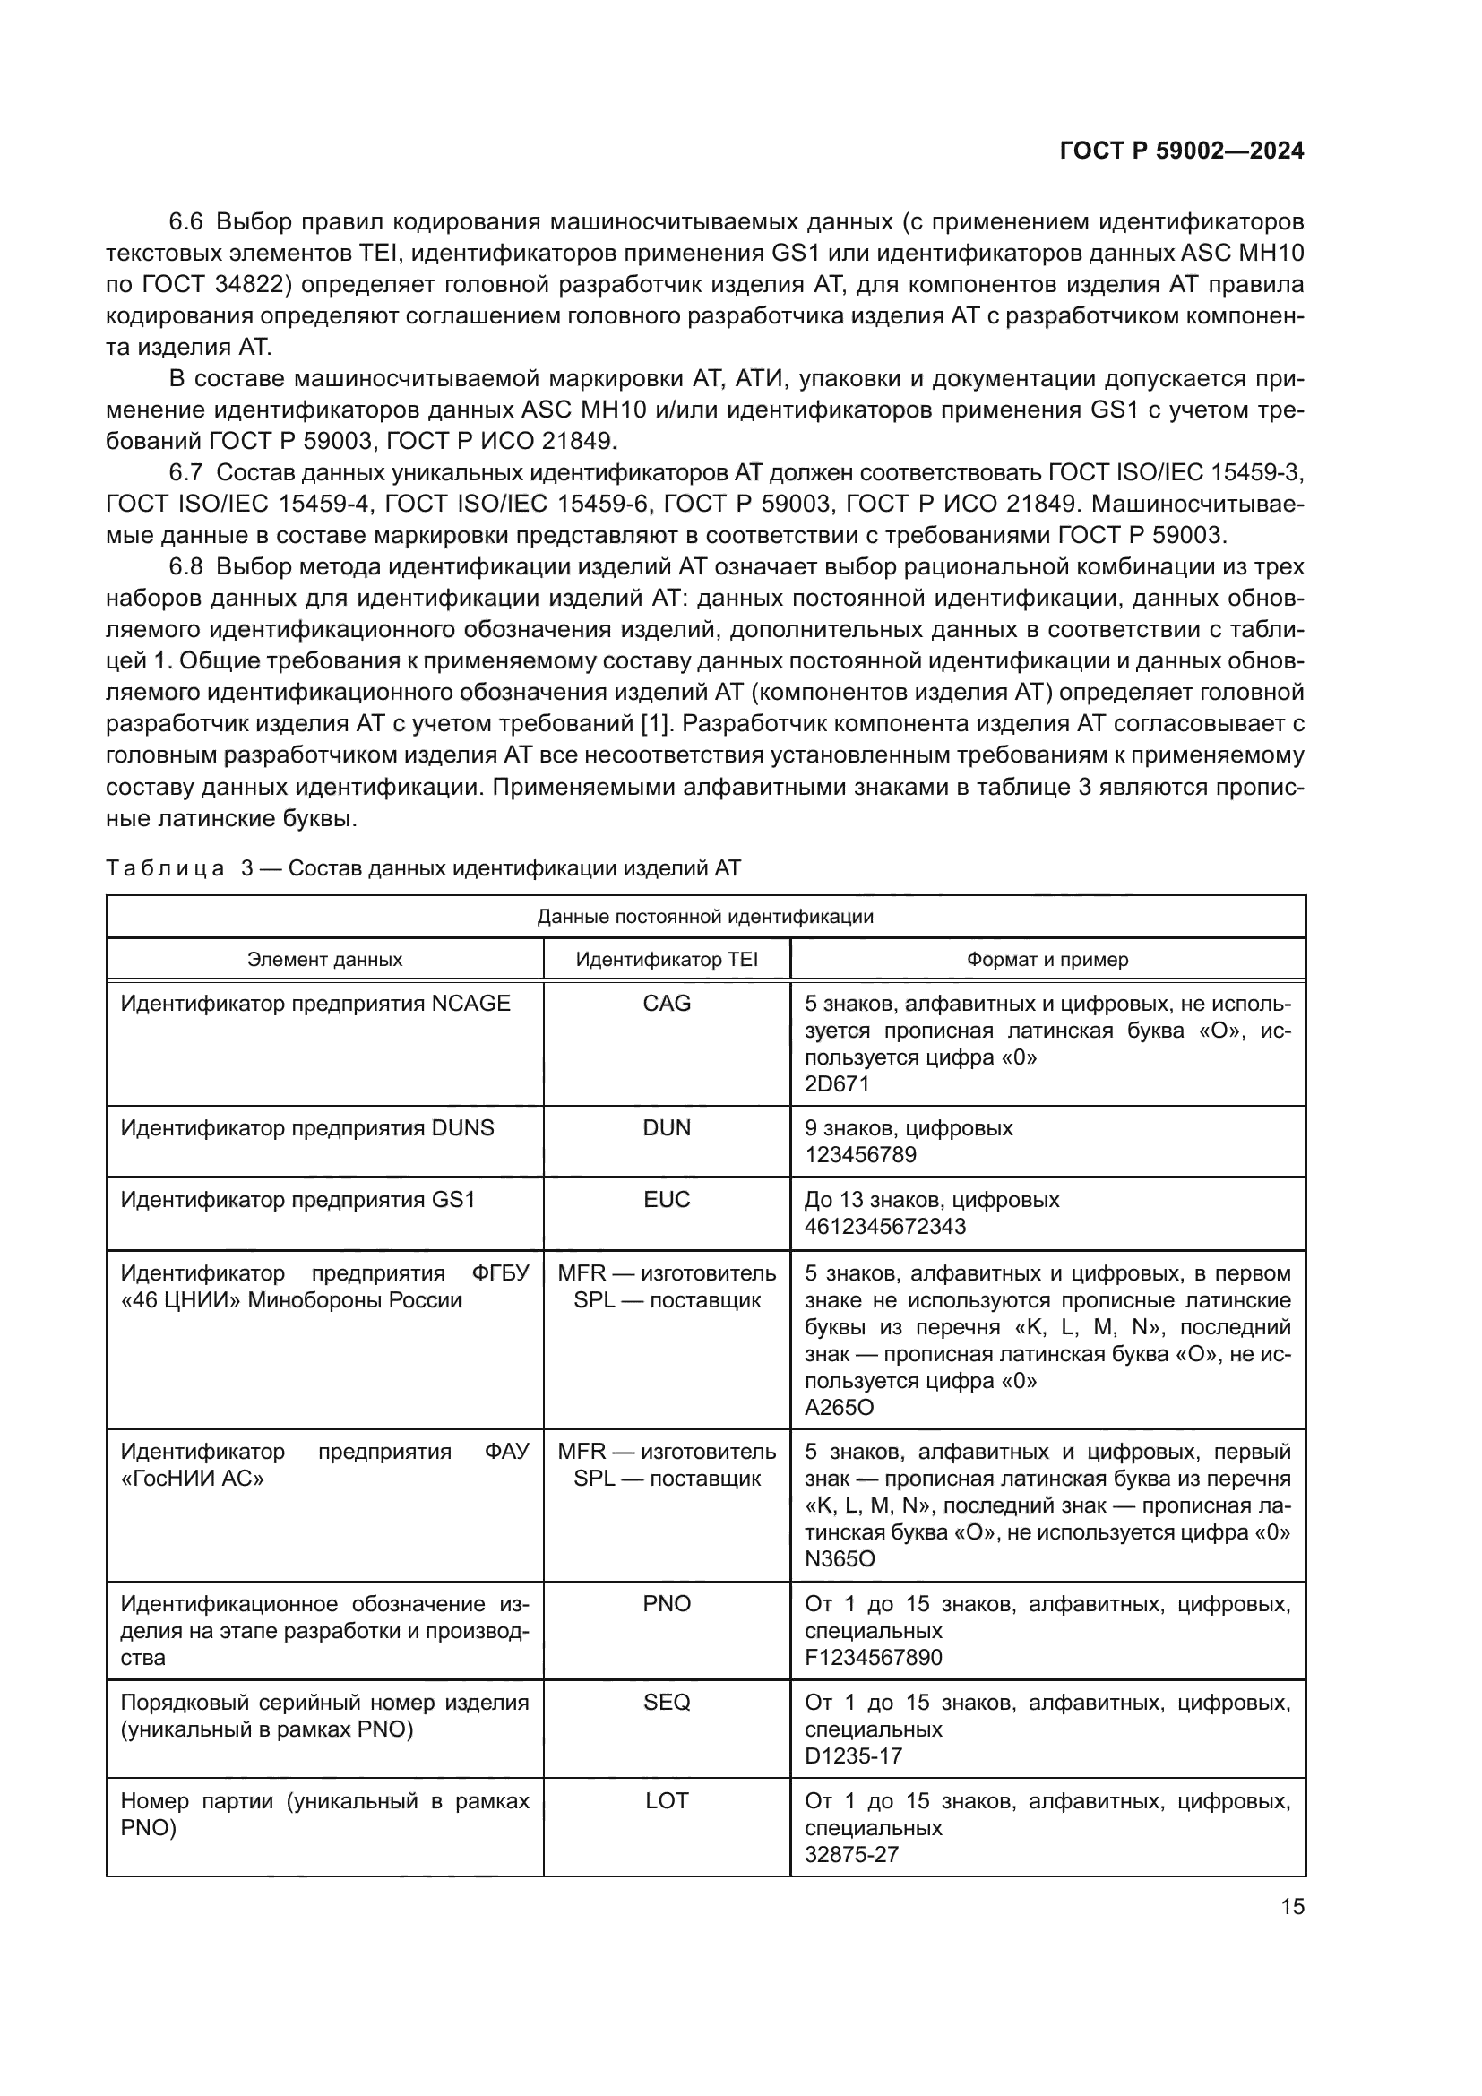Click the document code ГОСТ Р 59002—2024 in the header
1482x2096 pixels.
coord(1181,151)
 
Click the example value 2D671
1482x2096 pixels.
coord(837,1083)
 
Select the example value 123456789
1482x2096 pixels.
coord(860,1155)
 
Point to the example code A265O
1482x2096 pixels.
coord(839,1408)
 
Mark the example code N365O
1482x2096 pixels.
coord(840,1559)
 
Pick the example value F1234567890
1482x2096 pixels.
coord(873,1658)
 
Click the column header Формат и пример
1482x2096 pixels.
coord(1047,960)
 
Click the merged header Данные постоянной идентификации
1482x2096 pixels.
coord(704,917)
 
